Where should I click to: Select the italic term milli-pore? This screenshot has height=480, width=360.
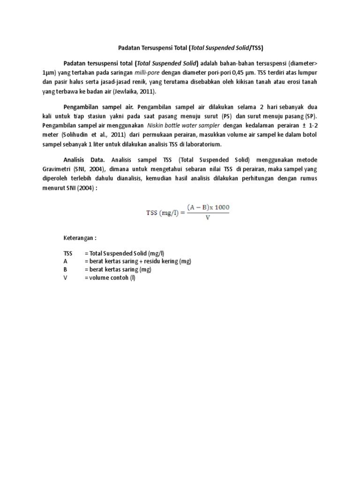[x=147, y=73]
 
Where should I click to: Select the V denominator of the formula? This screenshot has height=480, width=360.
[x=207, y=217]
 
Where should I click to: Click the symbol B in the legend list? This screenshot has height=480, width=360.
[x=66, y=270]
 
